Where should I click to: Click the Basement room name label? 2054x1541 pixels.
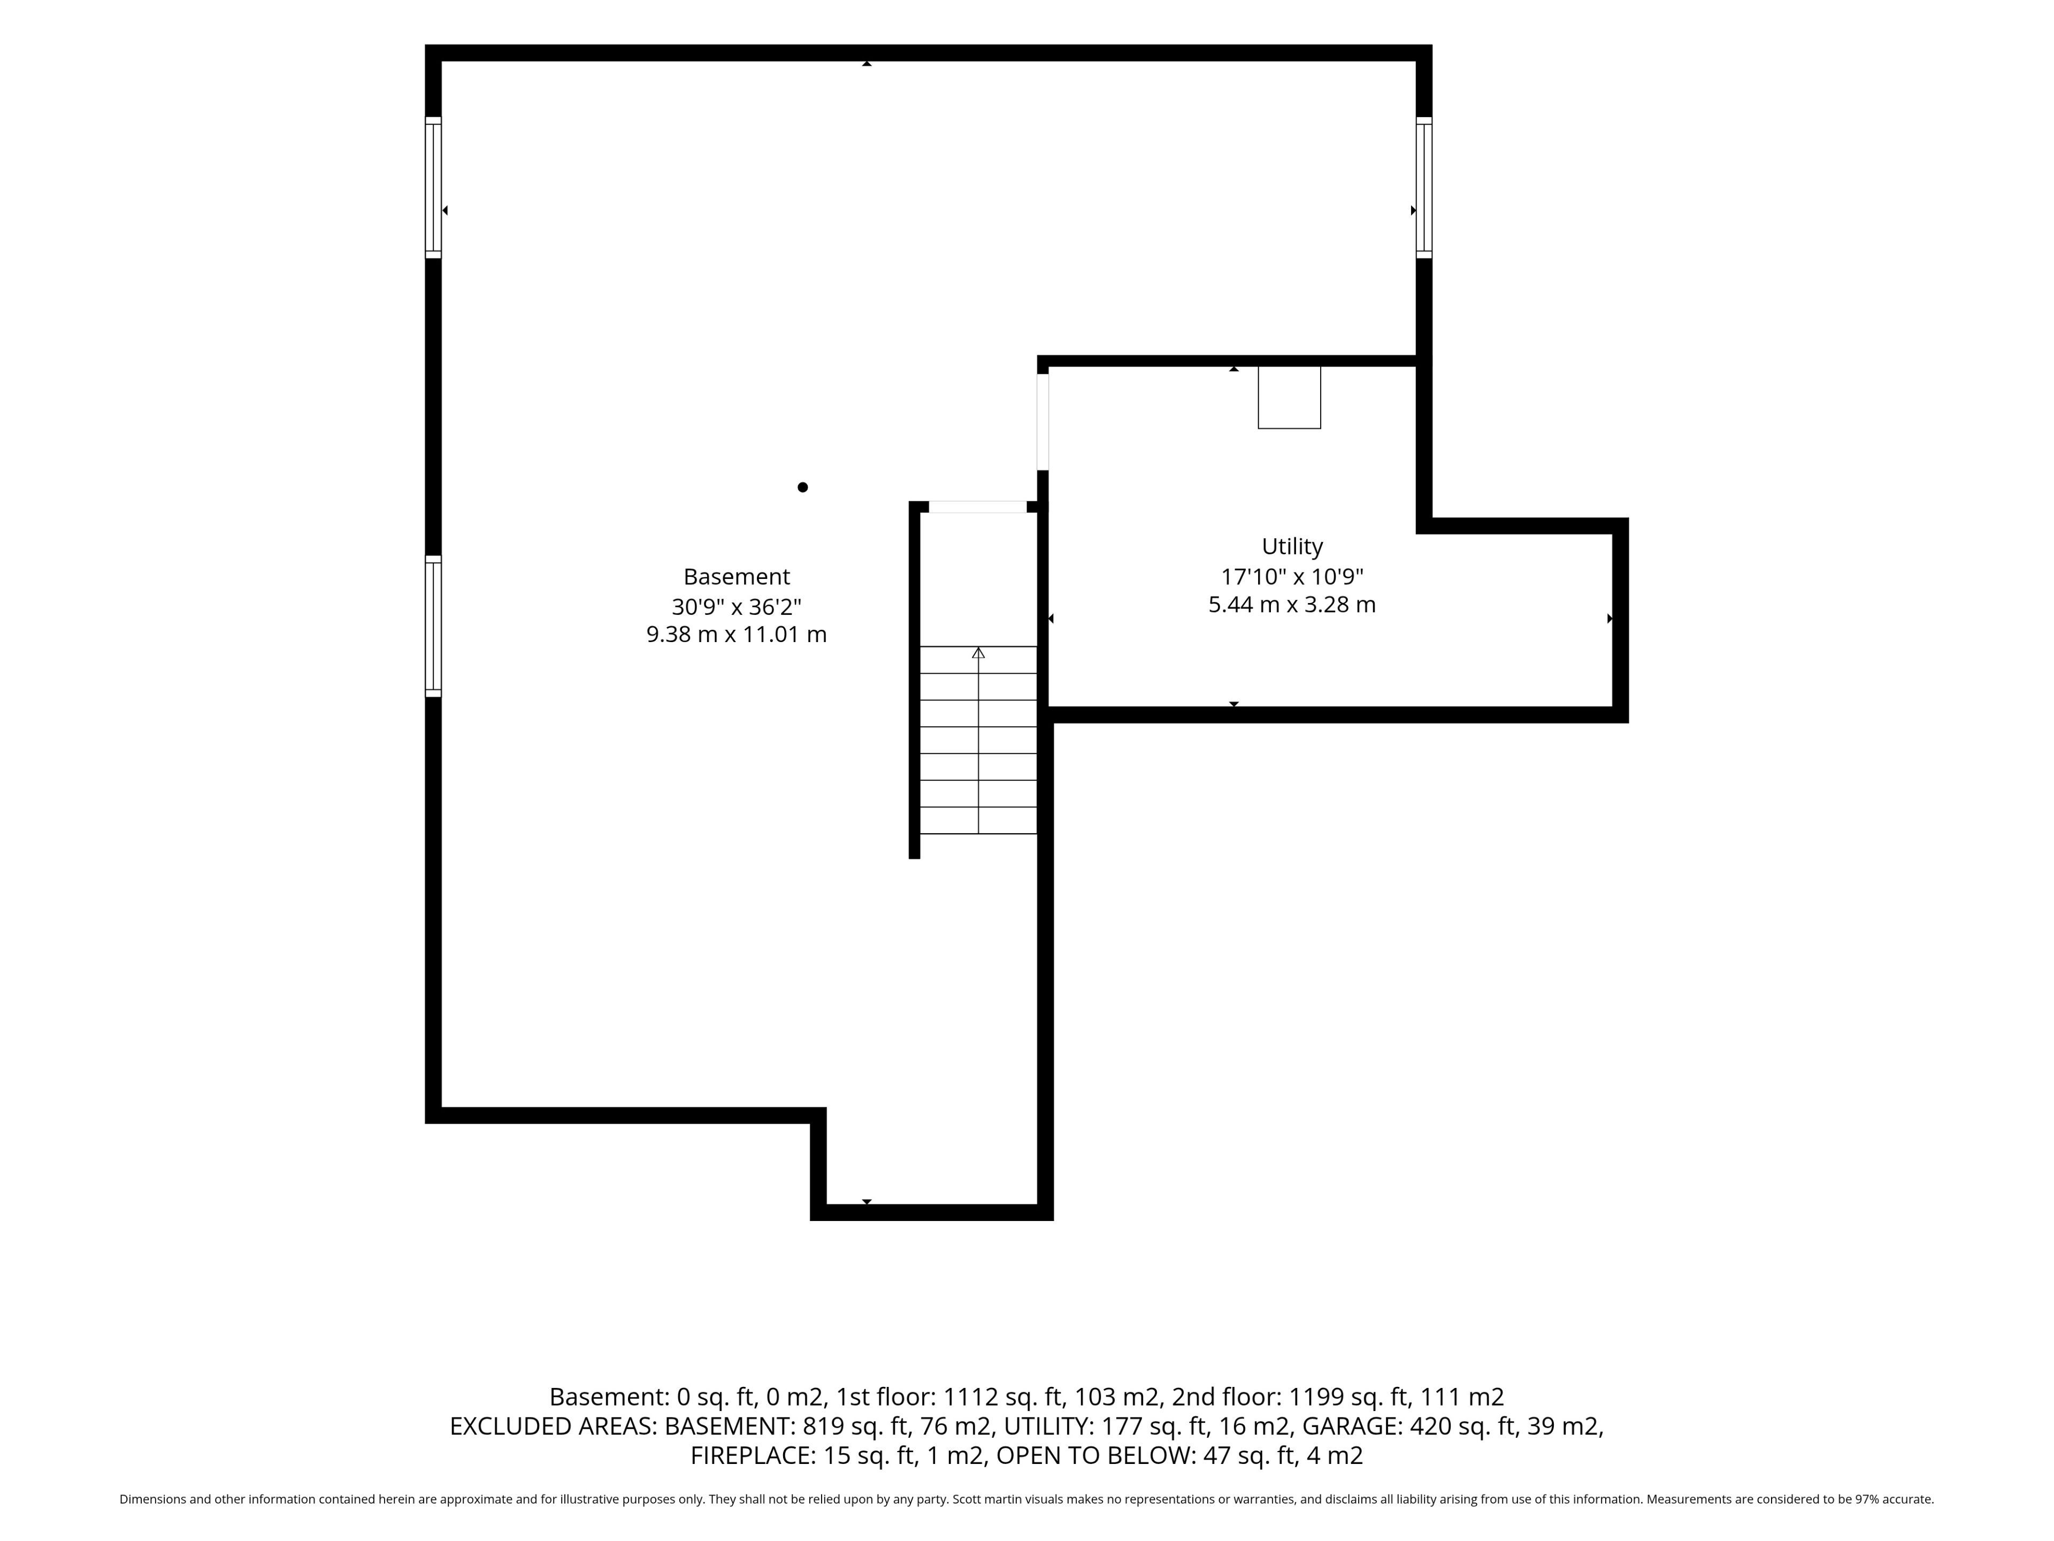(737, 577)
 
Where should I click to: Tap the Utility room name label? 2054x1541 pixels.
(1292, 547)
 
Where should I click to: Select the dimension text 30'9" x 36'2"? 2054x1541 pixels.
(737, 607)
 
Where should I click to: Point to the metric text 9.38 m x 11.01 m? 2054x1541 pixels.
(737, 635)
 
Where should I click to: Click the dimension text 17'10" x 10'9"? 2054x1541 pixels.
(1292, 576)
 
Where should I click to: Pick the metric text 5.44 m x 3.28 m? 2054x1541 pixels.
(1292, 605)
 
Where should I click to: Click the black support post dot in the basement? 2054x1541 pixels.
(802, 487)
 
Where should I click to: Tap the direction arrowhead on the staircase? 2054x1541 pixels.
(978, 653)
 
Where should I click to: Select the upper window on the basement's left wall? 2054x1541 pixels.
(433, 187)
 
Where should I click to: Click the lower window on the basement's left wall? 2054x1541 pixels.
(433, 626)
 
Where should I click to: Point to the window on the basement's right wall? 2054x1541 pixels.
(1423, 187)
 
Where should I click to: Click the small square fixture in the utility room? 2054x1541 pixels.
(1289, 398)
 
